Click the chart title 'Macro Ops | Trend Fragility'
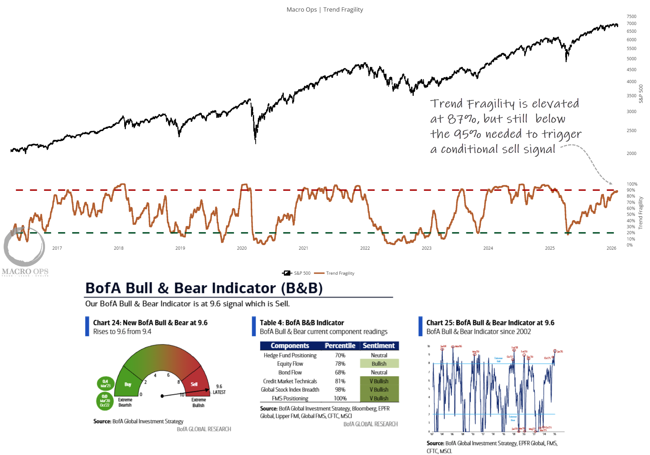pos(325,10)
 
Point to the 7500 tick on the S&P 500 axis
pos(631,17)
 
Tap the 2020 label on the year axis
pos(242,248)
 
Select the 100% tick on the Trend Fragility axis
pos(632,184)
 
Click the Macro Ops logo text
pos(25,272)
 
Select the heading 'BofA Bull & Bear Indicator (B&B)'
pos(204,288)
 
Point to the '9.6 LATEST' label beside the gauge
pos(219,389)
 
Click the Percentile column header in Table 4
pos(340,346)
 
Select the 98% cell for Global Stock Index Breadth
pos(340,389)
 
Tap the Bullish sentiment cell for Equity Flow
pos(379,364)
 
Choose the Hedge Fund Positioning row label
pos(290,355)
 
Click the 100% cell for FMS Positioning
pos(340,398)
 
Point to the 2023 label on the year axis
pos(426,248)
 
